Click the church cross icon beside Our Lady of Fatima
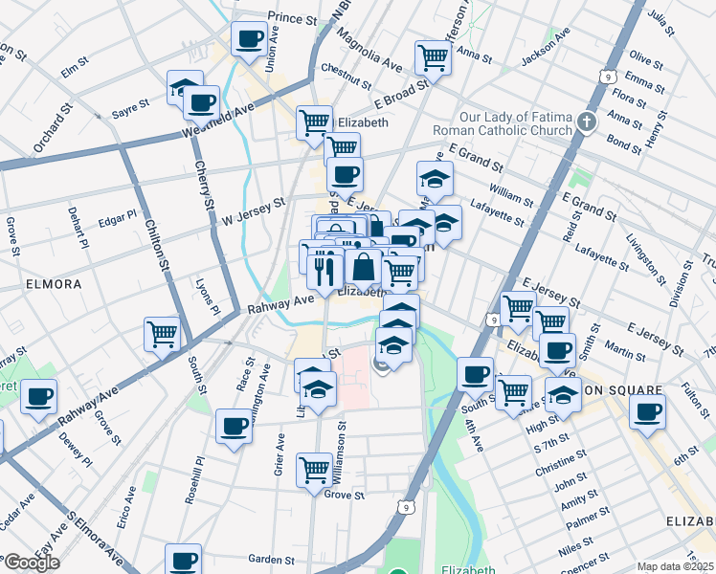pyautogui.click(x=588, y=121)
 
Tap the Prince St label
pyautogui.click(x=292, y=18)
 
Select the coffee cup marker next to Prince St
pyautogui.click(x=250, y=39)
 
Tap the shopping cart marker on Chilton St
pyautogui.click(x=162, y=335)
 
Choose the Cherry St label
pyautogui.click(x=205, y=181)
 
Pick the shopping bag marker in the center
pyautogui.click(x=364, y=268)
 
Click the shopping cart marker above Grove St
pyautogui.click(x=314, y=470)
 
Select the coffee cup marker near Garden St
pyautogui.click(x=183, y=561)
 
